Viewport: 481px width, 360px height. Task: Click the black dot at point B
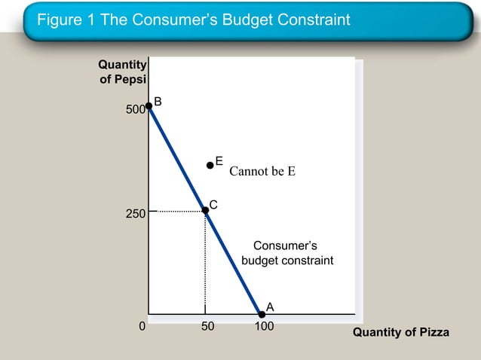pyautogui.click(x=149, y=106)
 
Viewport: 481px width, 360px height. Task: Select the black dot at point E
pyautogui.click(x=210, y=165)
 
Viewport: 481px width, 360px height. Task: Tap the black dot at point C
pyautogui.click(x=205, y=210)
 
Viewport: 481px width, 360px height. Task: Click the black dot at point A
pyautogui.click(x=262, y=313)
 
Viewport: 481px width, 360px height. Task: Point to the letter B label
pyautogui.click(x=158, y=102)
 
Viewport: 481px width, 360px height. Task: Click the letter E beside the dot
pyautogui.click(x=219, y=160)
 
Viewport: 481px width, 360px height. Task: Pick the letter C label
pyautogui.click(x=213, y=205)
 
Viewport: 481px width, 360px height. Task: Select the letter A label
pyautogui.click(x=270, y=307)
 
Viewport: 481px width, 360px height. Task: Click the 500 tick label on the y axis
pyautogui.click(x=135, y=111)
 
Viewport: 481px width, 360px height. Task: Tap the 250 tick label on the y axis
pyautogui.click(x=135, y=215)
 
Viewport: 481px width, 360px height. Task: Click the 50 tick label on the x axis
pyautogui.click(x=207, y=327)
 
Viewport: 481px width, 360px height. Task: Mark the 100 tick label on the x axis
pyautogui.click(x=263, y=327)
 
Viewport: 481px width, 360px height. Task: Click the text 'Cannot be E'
pyautogui.click(x=262, y=171)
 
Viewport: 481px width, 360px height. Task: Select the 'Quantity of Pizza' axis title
pyautogui.click(x=400, y=332)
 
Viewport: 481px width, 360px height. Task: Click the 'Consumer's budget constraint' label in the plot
pyautogui.click(x=286, y=253)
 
